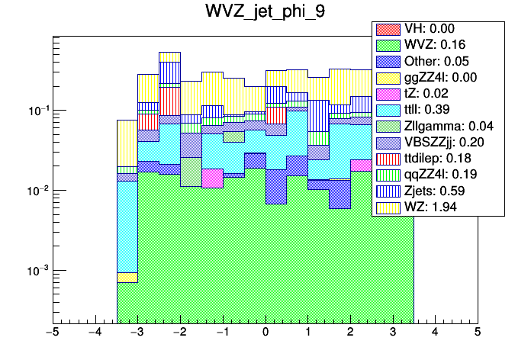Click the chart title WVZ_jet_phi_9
(x=265, y=12)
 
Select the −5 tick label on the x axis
(x=53, y=333)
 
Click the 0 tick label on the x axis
(x=265, y=333)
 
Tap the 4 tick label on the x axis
(x=435, y=333)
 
